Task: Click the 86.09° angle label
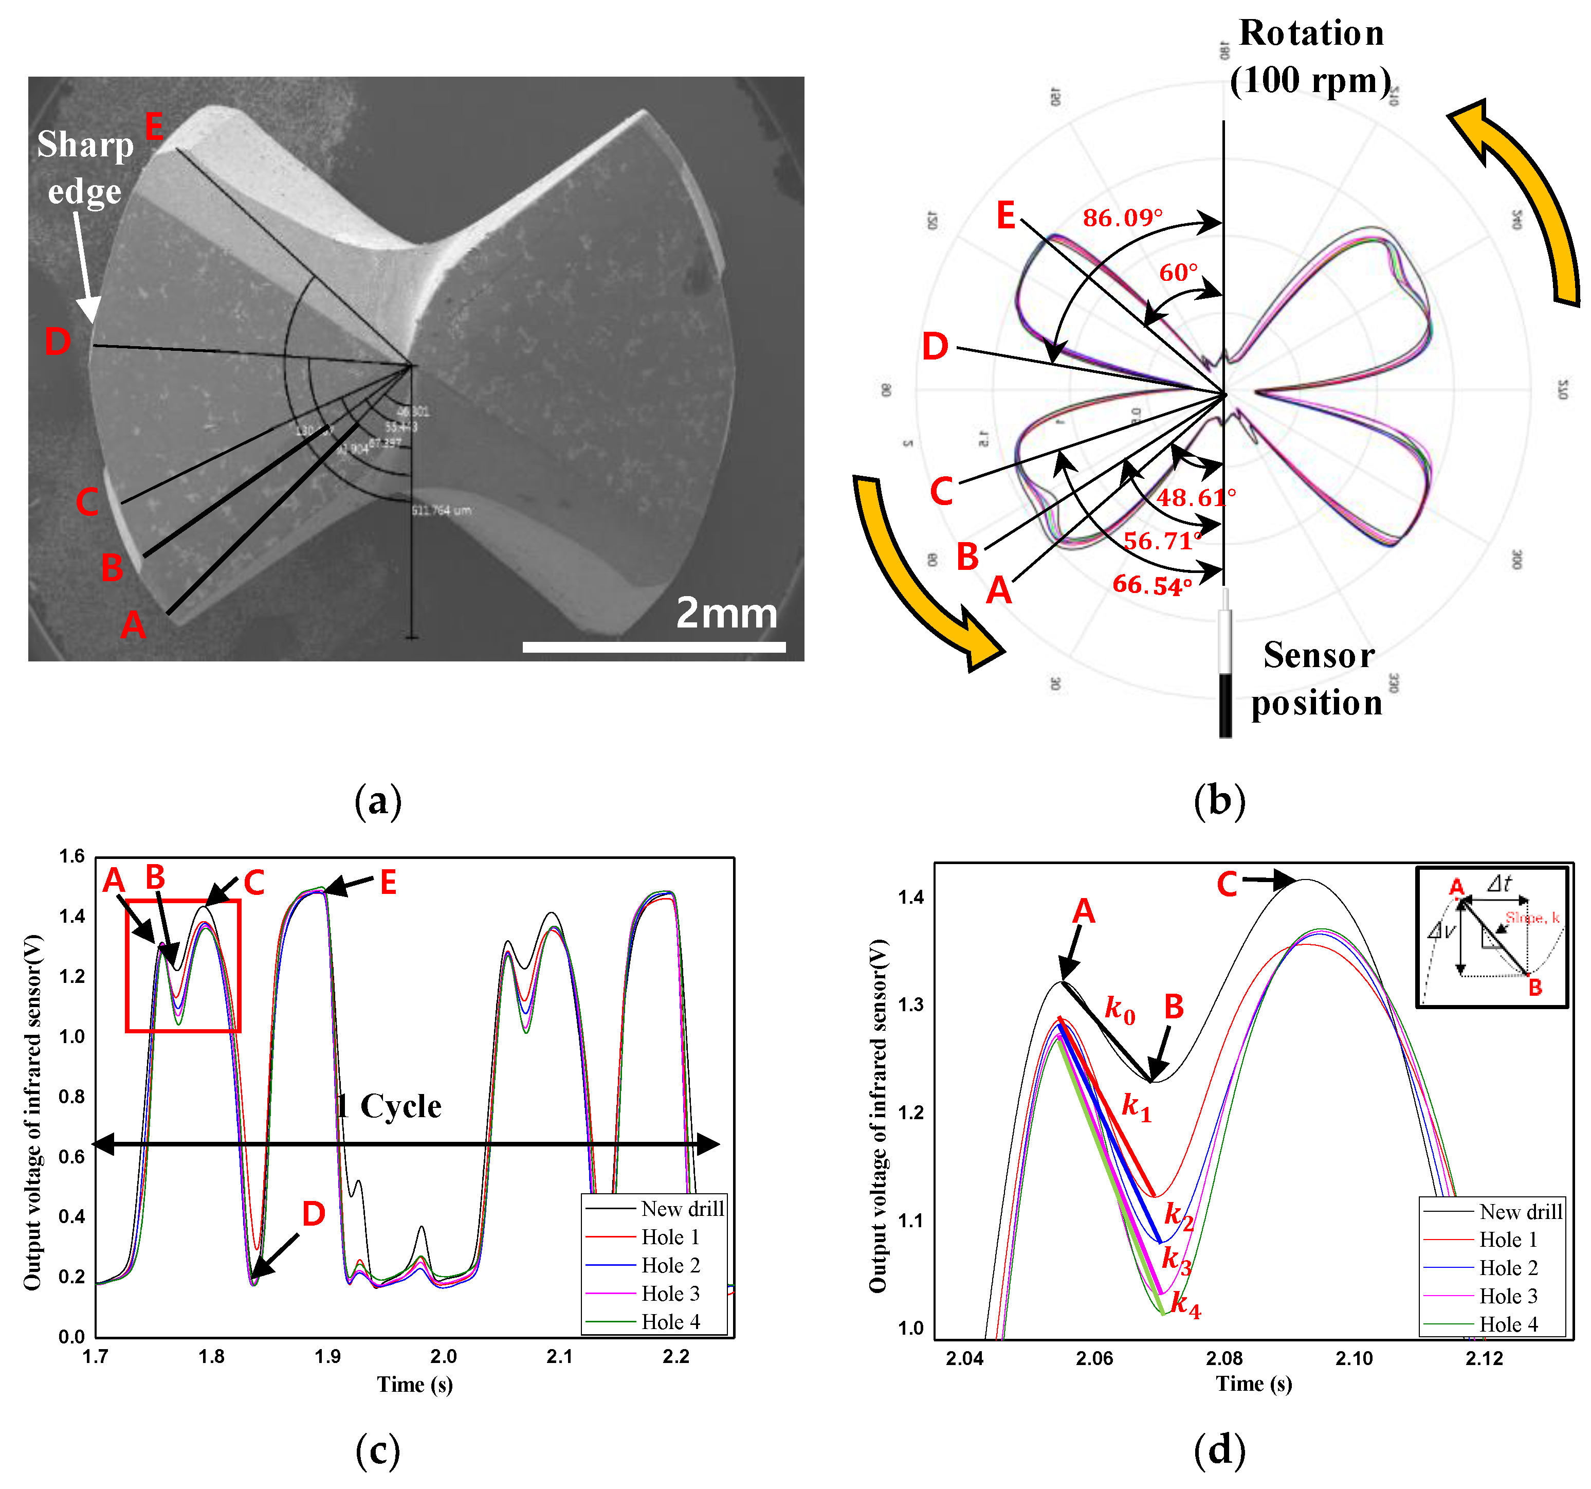tap(1122, 218)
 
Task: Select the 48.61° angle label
tap(1195, 498)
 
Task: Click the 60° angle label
tap(1178, 273)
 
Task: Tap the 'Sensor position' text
tap(1318, 679)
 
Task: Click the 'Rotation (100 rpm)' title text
tap(1311, 56)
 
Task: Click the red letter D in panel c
tap(314, 1214)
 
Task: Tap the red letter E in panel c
tap(388, 883)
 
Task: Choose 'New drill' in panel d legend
tap(1520, 1212)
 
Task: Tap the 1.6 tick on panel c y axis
tap(71, 856)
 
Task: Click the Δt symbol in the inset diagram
tap(1499, 883)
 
